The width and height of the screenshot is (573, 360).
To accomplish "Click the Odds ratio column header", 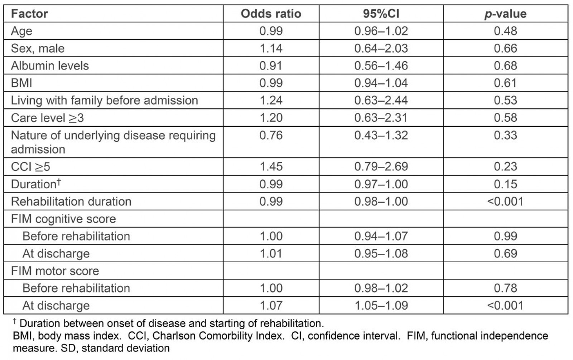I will tap(271, 14).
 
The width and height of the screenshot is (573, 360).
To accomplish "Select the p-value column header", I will tap(505, 14).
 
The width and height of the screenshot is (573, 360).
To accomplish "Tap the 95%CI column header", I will tap(381, 14).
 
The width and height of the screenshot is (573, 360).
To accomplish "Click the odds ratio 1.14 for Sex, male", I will tap(271, 48).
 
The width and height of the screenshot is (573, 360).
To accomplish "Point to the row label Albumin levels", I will tap(50, 66).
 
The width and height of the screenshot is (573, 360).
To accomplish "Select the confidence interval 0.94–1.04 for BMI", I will tap(381, 83).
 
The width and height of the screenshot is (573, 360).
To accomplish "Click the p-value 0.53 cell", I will tap(505, 100).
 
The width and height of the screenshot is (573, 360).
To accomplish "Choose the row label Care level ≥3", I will tap(47, 118).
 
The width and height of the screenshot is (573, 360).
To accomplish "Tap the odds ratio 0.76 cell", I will tap(271, 135).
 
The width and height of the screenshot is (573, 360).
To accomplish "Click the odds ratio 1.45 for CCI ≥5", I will tap(271, 166).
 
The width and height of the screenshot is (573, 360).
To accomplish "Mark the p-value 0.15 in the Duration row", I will tap(505, 184).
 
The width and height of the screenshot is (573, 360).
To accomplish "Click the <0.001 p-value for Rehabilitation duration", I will tap(505, 201).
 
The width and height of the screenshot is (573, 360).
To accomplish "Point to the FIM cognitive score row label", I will tap(63, 219).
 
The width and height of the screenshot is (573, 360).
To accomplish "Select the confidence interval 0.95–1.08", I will tap(381, 254).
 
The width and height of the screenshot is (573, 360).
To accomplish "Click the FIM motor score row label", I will tap(55, 271).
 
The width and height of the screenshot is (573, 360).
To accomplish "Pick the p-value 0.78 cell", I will tap(505, 288).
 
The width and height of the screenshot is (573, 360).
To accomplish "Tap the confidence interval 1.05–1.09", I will tap(381, 306).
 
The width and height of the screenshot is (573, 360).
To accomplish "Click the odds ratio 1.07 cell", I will tap(271, 306).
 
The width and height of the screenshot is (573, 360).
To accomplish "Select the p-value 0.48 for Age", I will tap(505, 31).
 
